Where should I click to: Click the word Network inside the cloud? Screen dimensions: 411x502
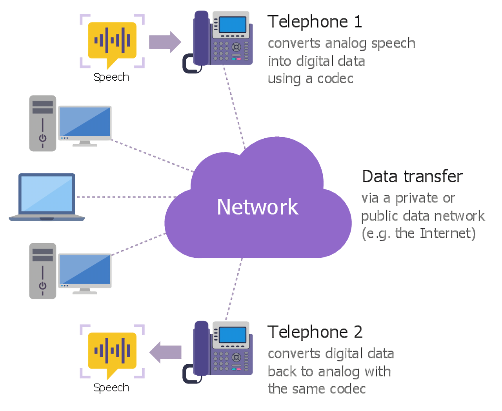(x=257, y=207)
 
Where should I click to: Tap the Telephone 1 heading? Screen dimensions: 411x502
(x=315, y=22)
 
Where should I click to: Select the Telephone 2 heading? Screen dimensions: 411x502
(x=315, y=332)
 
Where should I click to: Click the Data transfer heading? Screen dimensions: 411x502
(x=412, y=177)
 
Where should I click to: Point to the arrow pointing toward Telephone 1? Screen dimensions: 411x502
(x=165, y=42)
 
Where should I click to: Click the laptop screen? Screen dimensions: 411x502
(x=47, y=194)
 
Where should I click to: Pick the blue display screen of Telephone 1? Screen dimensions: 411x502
(x=233, y=25)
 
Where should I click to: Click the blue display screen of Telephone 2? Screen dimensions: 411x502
(x=233, y=335)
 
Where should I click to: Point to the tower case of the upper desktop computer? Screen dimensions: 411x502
(x=43, y=123)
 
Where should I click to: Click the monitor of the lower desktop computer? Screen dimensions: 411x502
(x=85, y=270)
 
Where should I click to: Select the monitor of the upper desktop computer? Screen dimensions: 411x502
(x=85, y=122)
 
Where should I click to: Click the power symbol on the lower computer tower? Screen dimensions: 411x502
(x=43, y=286)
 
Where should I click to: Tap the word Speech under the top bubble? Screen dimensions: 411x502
(x=111, y=77)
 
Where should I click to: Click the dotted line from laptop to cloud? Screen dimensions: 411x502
(x=125, y=197)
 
